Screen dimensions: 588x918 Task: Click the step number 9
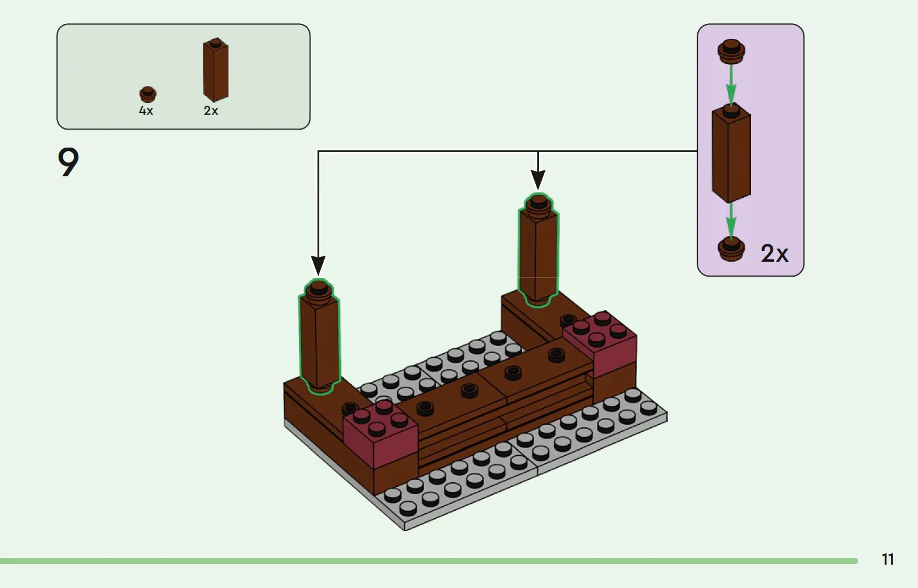(68, 162)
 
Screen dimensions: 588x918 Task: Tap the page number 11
(887, 559)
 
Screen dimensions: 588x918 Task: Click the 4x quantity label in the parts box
(146, 111)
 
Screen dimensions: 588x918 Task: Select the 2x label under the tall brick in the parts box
(211, 111)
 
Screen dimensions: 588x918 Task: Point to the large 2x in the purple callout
(774, 253)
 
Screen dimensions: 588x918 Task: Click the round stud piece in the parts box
(148, 94)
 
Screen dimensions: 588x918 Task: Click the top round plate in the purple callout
(731, 51)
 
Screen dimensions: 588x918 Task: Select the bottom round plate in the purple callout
(731, 249)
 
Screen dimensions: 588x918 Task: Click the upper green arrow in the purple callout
(731, 84)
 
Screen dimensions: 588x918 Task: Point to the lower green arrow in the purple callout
(731, 220)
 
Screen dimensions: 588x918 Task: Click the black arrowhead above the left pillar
(318, 265)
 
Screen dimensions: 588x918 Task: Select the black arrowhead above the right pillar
(538, 179)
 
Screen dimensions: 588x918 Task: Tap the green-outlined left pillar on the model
(319, 344)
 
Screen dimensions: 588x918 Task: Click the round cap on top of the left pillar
(319, 289)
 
